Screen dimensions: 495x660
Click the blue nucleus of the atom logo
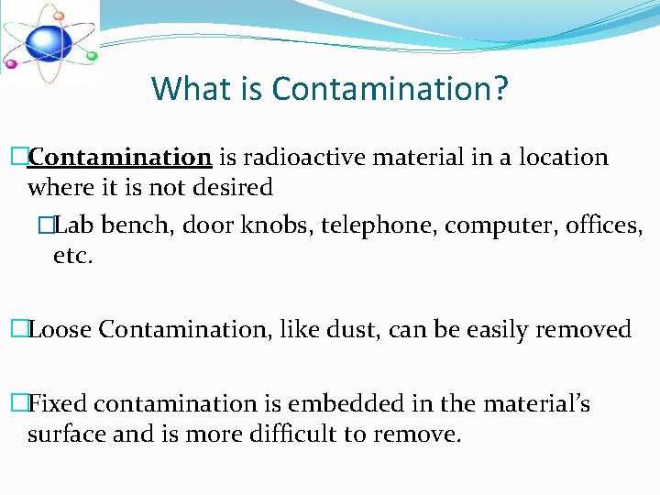(x=47, y=41)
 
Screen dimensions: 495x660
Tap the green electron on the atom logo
(x=92, y=56)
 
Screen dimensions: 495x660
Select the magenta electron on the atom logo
(x=12, y=64)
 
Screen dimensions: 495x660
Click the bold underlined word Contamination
(x=120, y=158)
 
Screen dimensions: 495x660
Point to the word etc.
(x=73, y=256)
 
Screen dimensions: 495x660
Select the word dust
(x=352, y=330)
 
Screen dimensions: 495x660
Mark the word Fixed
(x=59, y=404)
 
